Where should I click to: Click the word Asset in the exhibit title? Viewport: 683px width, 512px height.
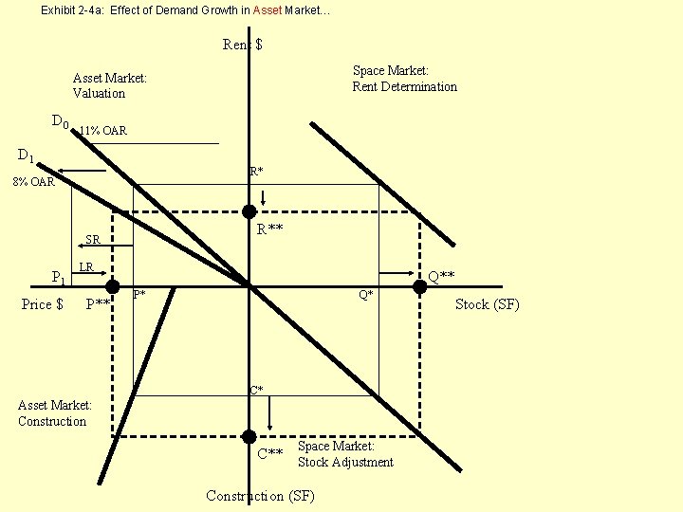[268, 10]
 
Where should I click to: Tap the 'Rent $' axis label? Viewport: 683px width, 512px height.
[243, 45]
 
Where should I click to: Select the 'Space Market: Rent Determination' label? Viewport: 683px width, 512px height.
[405, 79]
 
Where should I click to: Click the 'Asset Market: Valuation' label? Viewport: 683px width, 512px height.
[110, 85]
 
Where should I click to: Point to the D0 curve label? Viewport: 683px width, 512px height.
[60, 121]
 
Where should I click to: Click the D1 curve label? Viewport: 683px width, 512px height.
[26, 155]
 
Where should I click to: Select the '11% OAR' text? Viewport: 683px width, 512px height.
[102, 130]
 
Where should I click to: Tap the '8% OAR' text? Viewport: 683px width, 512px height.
[34, 181]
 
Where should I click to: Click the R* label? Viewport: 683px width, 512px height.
[256, 172]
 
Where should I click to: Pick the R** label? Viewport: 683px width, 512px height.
[271, 229]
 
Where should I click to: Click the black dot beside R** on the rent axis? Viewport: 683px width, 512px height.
[249, 211]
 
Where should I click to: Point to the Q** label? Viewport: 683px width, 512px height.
[441, 276]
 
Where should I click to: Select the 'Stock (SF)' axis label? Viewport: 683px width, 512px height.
[488, 304]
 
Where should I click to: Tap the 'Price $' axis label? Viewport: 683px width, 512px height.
[43, 304]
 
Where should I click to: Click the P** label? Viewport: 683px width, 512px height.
[99, 304]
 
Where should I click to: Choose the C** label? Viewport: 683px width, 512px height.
[270, 453]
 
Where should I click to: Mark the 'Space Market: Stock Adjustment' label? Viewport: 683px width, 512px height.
[345, 454]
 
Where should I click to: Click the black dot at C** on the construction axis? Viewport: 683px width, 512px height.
[249, 436]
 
